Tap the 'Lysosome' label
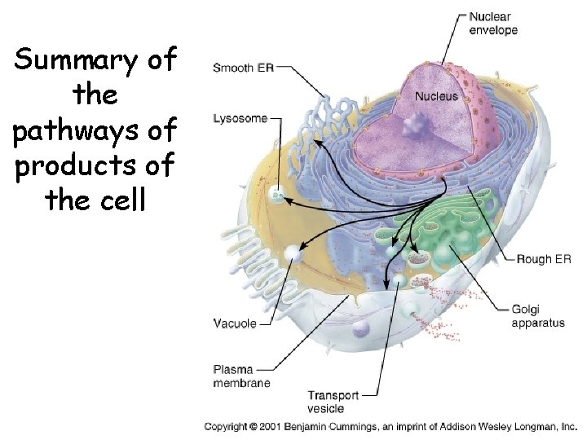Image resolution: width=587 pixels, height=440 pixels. [x=240, y=118]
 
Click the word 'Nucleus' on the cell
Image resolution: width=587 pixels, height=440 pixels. [x=436, y=96]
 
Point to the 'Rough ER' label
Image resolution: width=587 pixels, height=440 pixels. [x=544, y=260]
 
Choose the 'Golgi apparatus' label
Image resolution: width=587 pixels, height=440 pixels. [x=537, y=316]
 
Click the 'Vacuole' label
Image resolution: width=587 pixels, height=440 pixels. [x=235, y=323]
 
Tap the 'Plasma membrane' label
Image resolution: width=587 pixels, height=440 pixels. [x=241, y=376]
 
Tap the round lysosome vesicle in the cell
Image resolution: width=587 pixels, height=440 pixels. [x=279, y=194]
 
